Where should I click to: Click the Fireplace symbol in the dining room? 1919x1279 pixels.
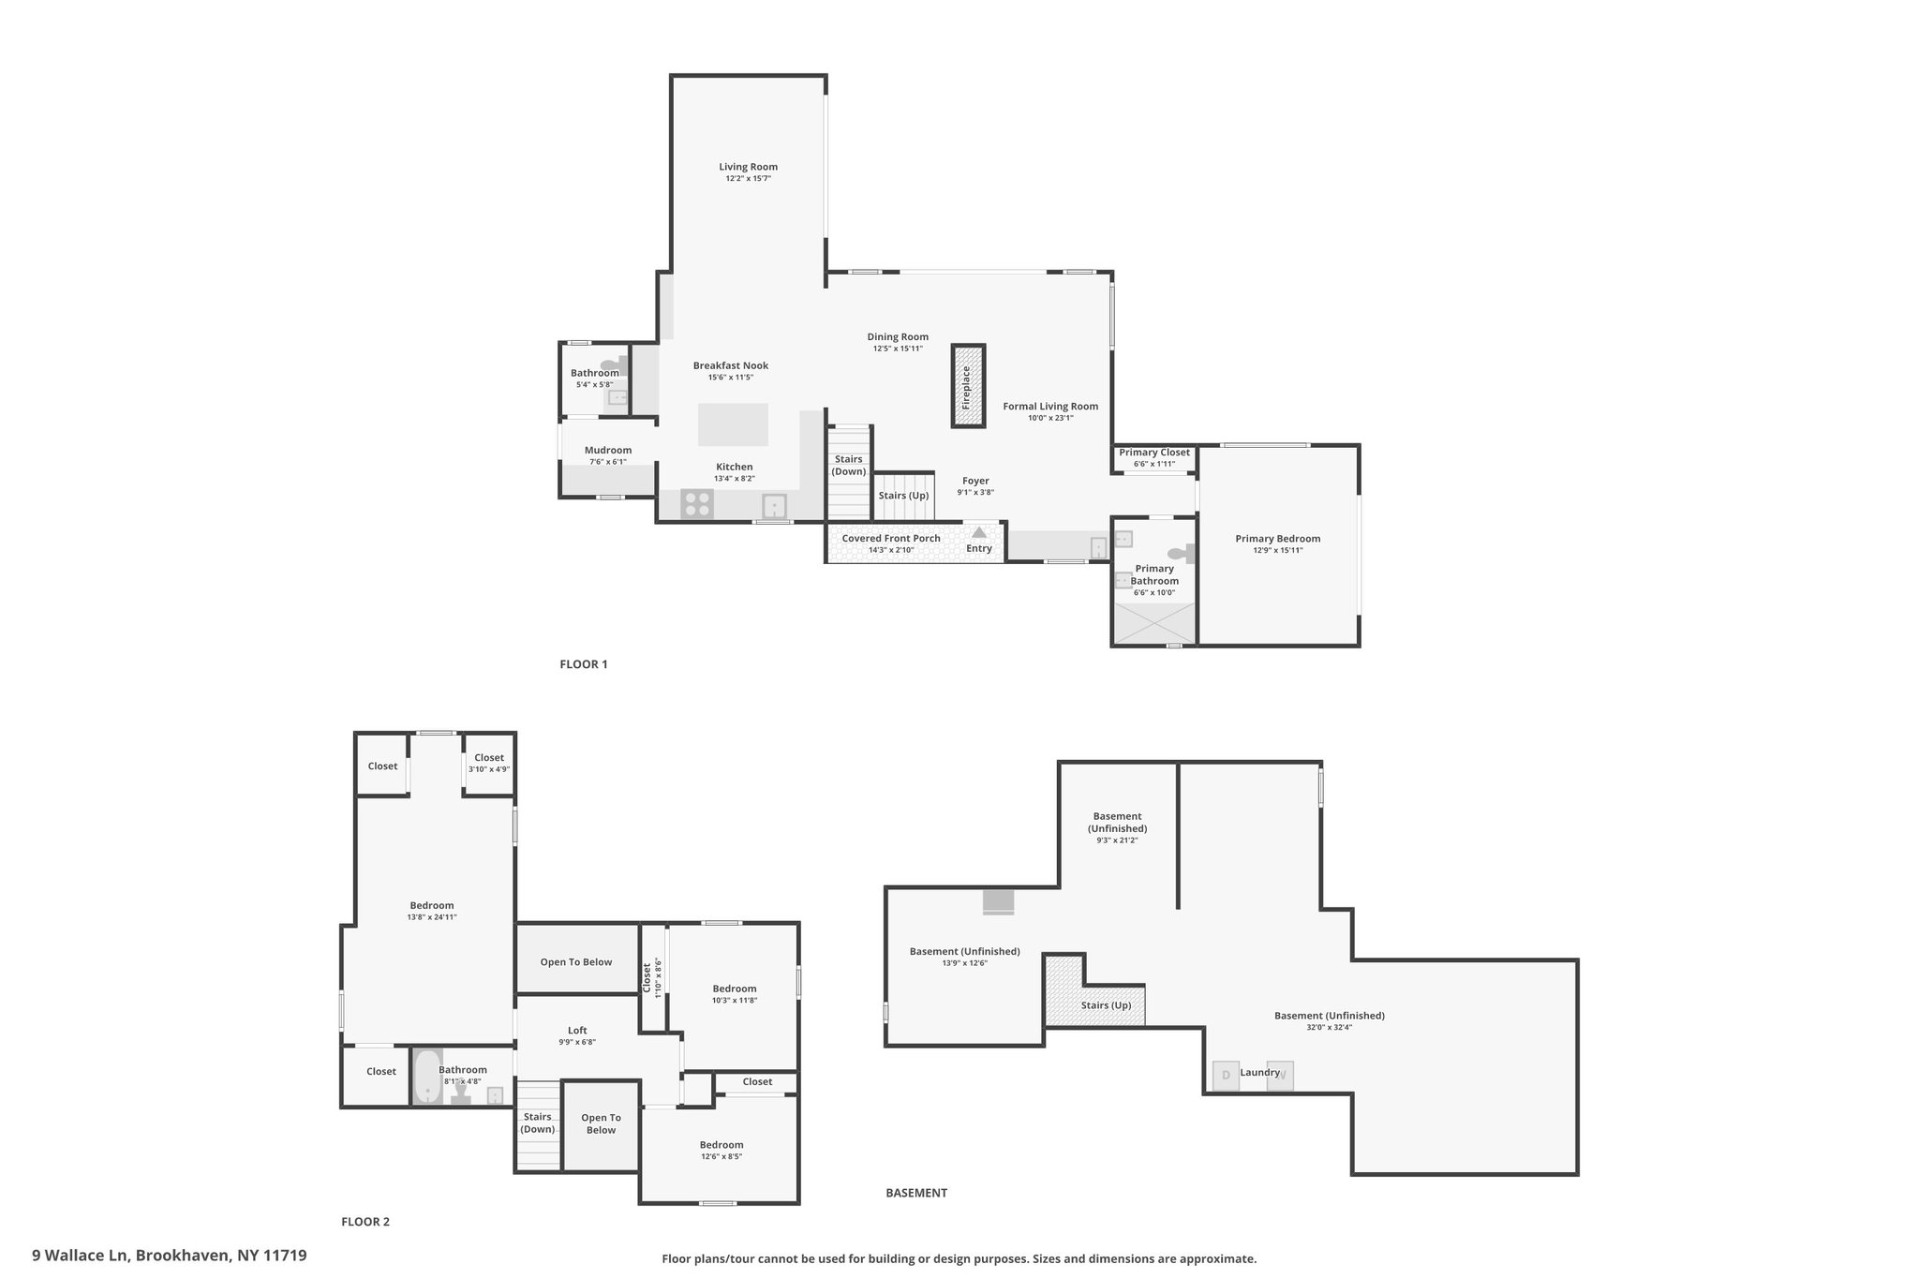point(968,386)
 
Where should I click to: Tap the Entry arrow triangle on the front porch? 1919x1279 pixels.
point(979,532)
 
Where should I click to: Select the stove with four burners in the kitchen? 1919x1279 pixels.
point(697,504)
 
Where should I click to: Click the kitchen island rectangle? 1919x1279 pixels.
point(733,424)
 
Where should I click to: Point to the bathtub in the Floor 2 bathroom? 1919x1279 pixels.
point(427,1077)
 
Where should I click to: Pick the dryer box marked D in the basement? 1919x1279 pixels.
point(1226,1076)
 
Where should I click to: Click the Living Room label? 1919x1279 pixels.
point(749,167)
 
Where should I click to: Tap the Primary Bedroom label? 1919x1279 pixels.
point(1278,539)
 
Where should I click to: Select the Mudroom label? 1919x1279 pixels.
point(608,451)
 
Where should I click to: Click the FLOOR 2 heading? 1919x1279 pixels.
point(365,1222)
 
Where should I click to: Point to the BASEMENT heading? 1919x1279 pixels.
point(916,1193)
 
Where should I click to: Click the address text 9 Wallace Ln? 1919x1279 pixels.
point(82,1256)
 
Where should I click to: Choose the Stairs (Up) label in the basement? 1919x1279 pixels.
point(1106,1005)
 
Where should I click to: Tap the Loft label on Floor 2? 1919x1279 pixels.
point(577,1031)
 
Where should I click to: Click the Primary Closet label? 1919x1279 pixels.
point(1154,453)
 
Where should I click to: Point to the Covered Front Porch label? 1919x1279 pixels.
point(891,539)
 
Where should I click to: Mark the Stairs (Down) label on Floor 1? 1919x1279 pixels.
point(850,466)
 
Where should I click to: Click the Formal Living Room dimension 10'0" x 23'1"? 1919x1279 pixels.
point(1050,418)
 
